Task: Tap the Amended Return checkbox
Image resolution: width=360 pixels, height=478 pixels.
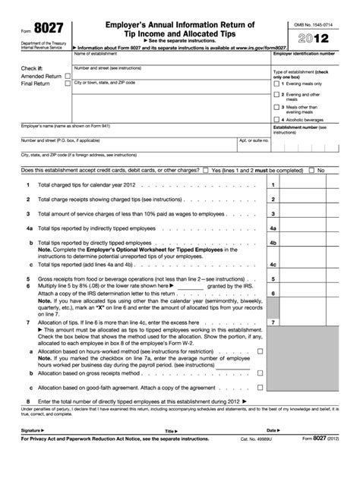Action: point(69,77)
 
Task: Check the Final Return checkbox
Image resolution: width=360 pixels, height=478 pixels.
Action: point(69,84)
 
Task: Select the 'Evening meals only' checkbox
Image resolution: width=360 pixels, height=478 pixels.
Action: point(276,83)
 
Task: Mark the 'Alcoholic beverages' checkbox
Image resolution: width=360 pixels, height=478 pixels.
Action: point(276,120)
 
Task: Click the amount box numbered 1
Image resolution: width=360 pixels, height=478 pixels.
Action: point(303,185)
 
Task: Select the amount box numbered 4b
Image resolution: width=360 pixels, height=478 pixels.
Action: point(303,241)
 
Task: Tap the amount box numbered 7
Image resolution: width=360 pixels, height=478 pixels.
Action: point(303,322)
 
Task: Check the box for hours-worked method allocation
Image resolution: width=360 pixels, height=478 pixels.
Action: point(261,351)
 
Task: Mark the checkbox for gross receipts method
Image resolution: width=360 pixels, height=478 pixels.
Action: point(261,373)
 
